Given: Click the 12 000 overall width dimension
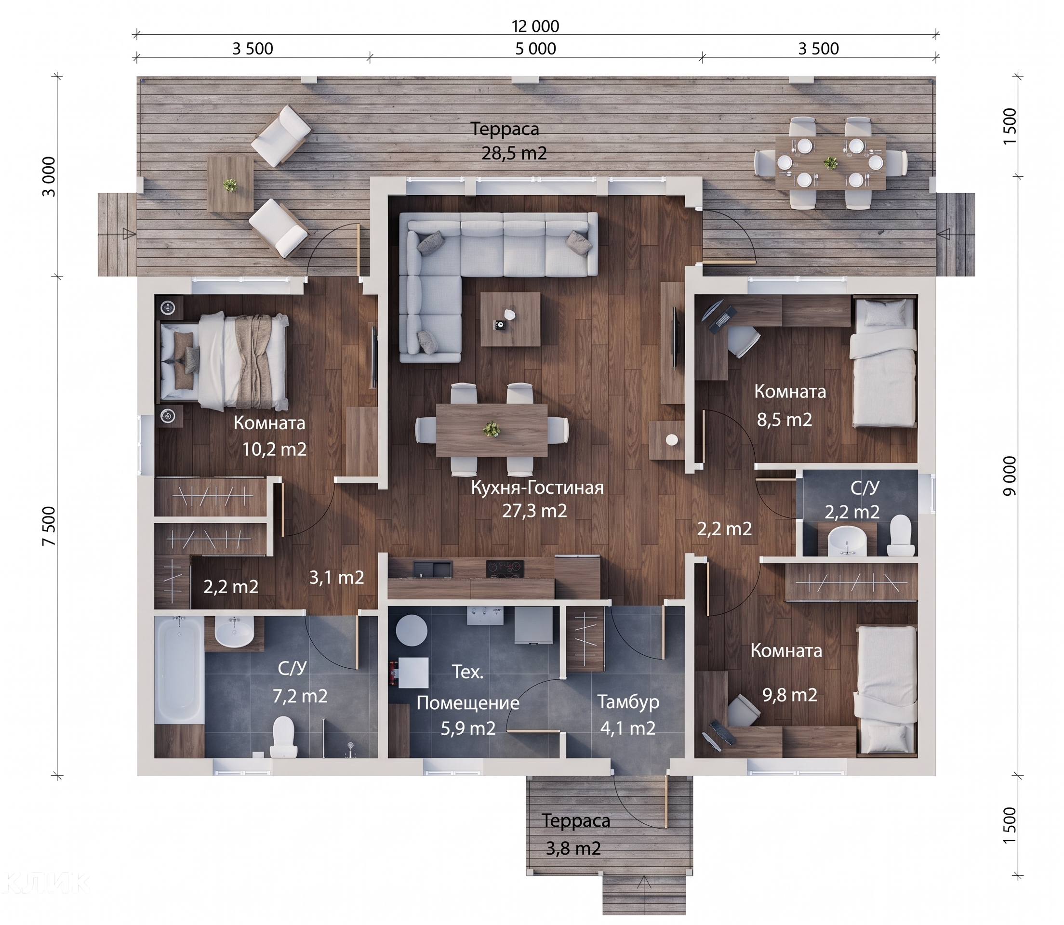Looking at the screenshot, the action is [535, 26].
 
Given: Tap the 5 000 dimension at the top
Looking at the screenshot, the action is [536, 49].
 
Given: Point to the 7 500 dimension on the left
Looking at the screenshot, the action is [49, 526].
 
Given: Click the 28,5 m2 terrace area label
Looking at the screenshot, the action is [514, 153].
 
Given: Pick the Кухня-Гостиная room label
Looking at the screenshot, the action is [537, 487].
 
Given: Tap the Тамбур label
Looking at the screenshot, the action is [628, 702].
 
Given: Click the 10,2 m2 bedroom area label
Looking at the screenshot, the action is [275, 449].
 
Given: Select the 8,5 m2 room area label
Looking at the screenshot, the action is [785, 420].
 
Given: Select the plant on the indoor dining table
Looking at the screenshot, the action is [492, 429].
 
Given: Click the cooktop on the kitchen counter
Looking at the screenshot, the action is [505, 569].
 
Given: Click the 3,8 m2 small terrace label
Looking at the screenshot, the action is [573, 848].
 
